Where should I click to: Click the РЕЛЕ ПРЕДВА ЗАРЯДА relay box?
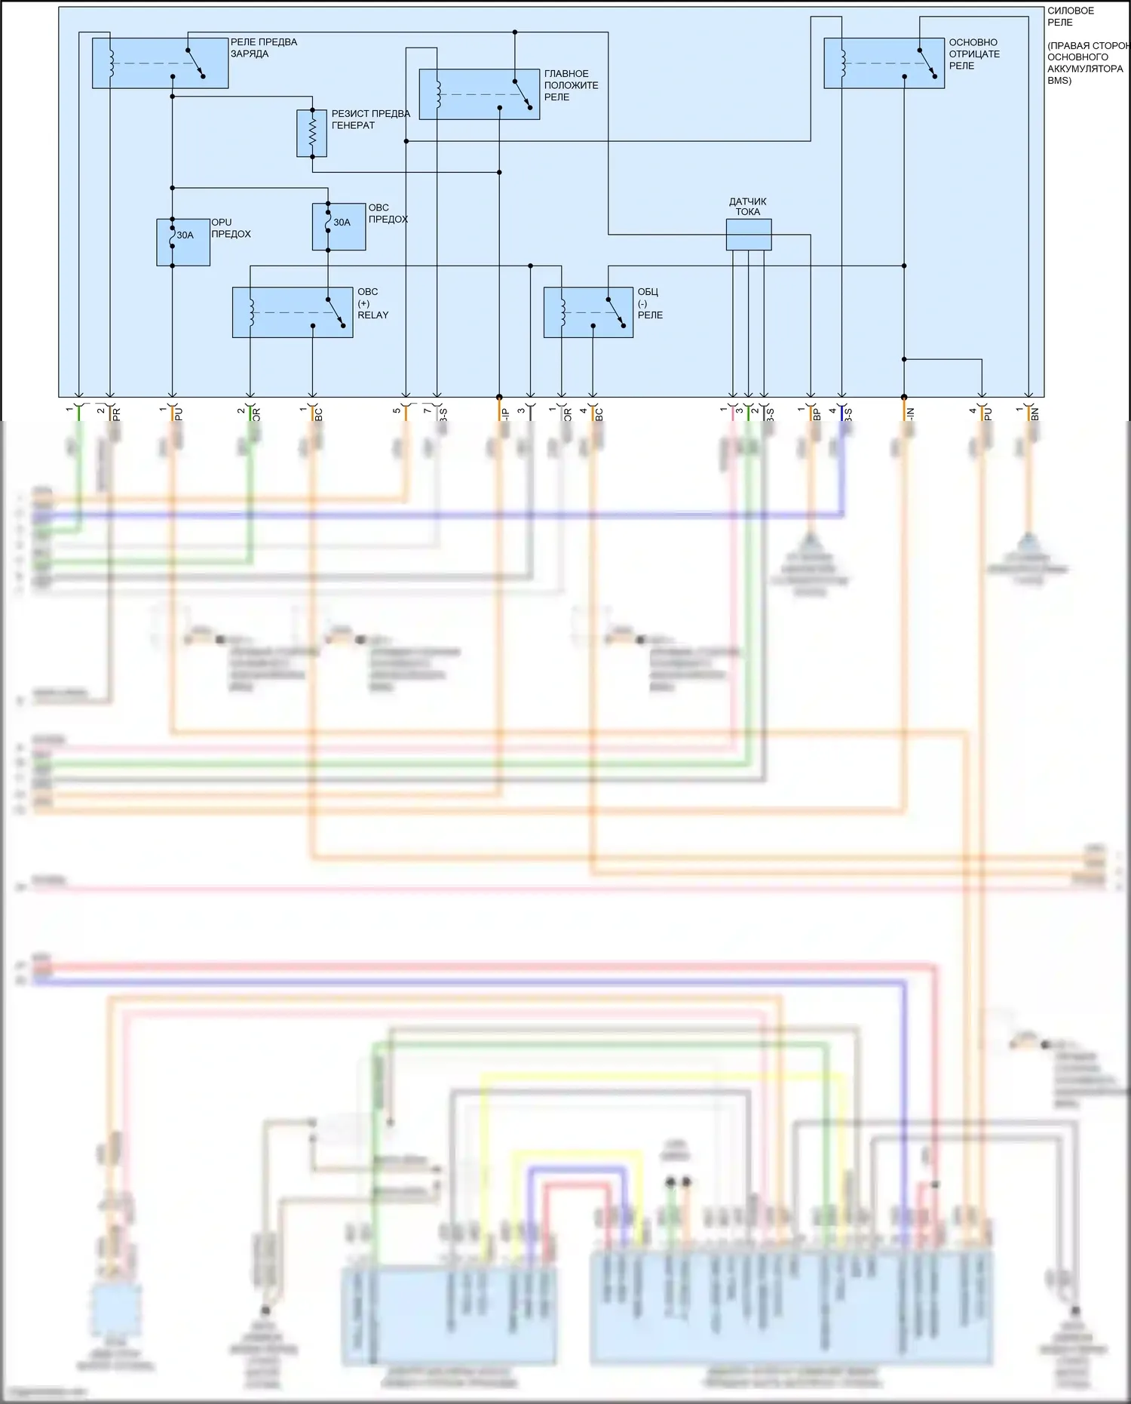tap(160, 63)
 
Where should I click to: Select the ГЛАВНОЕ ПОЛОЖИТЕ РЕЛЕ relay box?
tap(479, 94)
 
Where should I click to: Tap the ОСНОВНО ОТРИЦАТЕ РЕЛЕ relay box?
tap(884, 63)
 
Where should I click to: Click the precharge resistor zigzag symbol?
tap(312, 133)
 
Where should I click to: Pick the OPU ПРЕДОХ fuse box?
tap(183, 243)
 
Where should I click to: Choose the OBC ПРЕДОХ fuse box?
tap(339, 226)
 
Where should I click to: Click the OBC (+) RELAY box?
tap(293, 312)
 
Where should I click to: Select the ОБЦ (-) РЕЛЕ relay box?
tap(588, 312)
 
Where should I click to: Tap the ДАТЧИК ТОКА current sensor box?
tap(749, 235)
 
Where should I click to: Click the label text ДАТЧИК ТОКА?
tap(748, 207)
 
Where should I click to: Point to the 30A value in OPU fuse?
tap(185, 235)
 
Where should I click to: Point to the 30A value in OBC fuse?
tap(342, 223)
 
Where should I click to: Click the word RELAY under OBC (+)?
tap(373, 315)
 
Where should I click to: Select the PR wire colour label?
tap(116, 414)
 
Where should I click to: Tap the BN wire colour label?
tap(1035, 414)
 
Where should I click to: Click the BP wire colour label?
tap(817, 414)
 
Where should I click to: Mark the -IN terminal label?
tap(910, 414)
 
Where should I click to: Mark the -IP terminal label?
tap(505, 414)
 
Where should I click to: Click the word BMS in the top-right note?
tap(1059, 81)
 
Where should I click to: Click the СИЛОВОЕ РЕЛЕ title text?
tap(1071, 17)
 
